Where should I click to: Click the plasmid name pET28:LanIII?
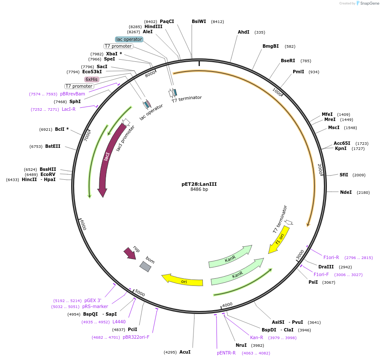click(199, 184)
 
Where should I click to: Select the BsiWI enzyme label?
click(199, 21)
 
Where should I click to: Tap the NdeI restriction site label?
click(346, 192)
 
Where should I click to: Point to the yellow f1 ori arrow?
click(279, 240)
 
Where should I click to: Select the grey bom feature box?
click(145, 267)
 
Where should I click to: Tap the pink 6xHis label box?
click(92, 79)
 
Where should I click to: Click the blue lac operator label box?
click(129, 39)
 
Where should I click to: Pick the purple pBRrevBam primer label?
click(72, 94)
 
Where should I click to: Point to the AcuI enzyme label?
click(185, 352)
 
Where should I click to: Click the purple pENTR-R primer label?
click(226, 353)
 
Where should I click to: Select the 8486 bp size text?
click(199, 190)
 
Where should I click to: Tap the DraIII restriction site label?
click(326, 267)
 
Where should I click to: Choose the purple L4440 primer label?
click(119, 322)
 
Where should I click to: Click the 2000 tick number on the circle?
click(320, 169)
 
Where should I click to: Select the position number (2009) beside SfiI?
click(358, 175)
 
